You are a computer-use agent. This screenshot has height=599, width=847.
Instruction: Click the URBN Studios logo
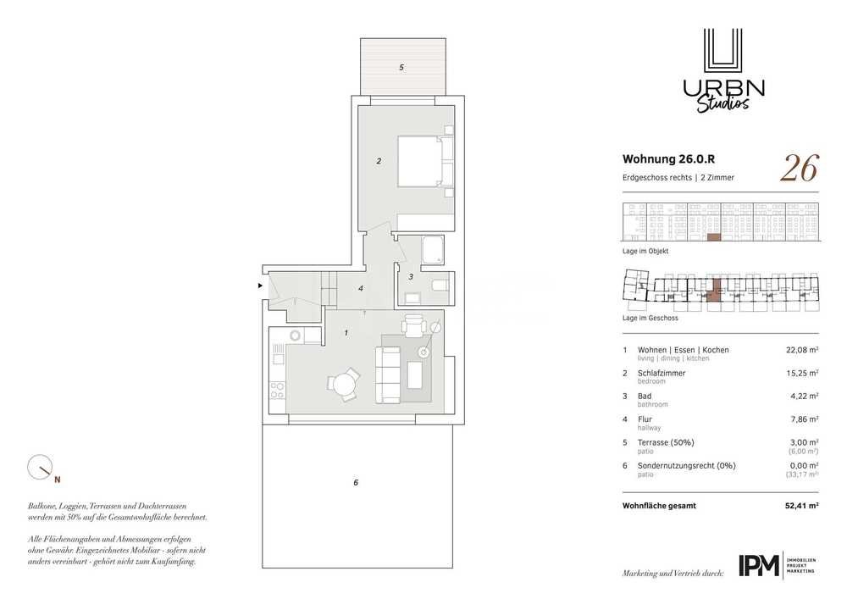click(723, 70)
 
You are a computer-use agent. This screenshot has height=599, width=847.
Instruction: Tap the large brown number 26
click(800, 168)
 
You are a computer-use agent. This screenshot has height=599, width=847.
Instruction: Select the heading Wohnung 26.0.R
click(669, 158)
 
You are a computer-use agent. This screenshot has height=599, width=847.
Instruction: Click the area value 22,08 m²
click(802, 350)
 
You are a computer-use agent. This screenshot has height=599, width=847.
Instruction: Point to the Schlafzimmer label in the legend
click(662, 374)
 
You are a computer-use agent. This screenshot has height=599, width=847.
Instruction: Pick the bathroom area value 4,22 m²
click(805, 396)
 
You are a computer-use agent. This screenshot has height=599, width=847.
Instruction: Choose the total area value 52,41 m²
click(801, 506)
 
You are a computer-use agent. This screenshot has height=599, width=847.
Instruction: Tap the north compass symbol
click(41, 468)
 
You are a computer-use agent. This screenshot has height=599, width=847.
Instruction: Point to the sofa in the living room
click(388, 374)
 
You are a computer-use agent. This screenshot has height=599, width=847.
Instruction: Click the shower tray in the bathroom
click(432, 250)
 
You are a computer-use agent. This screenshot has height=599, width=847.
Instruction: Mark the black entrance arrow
click(260, 286)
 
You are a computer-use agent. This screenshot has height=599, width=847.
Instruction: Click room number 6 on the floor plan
click(356, 482)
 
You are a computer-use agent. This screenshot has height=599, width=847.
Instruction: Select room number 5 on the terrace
click(401, 68)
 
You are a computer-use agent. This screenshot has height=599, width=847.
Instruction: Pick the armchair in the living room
click(413, 325)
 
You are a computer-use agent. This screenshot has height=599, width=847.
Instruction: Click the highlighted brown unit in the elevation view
click(714, 237)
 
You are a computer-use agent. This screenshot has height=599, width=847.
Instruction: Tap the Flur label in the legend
click(645, 419)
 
